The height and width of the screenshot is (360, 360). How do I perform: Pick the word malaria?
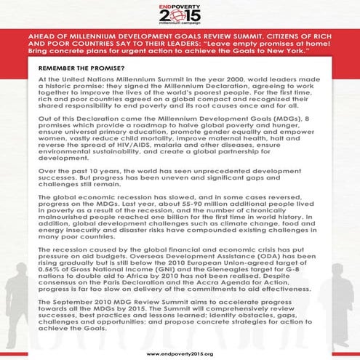click(169, 166)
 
